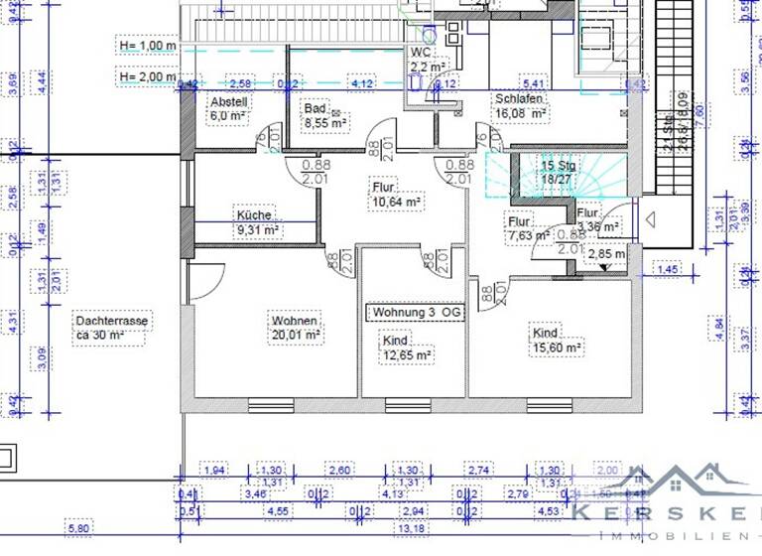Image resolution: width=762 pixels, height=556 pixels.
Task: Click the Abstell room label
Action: tap(227, 108)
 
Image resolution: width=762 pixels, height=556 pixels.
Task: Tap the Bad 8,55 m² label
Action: tap(325, 116)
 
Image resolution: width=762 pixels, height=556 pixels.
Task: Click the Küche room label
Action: tap(257, 222)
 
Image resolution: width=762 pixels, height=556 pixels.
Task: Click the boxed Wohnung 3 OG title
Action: tap(416, 313)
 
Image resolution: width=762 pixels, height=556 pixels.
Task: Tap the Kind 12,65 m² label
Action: tap(407, 347)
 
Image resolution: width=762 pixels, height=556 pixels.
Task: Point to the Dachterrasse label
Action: tap(111, 328)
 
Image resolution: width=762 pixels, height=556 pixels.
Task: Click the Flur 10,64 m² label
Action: tap(397, 194)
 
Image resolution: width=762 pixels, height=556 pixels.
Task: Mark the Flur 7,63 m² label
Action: tap(528, 229)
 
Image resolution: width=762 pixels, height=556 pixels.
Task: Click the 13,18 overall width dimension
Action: tap(409, 527)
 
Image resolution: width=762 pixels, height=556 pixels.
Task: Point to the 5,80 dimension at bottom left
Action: tap(76, 527)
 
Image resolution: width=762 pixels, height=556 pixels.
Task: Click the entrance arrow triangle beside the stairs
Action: tap(651, 217)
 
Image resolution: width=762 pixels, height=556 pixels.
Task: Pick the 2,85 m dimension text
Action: tap(606, 254)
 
